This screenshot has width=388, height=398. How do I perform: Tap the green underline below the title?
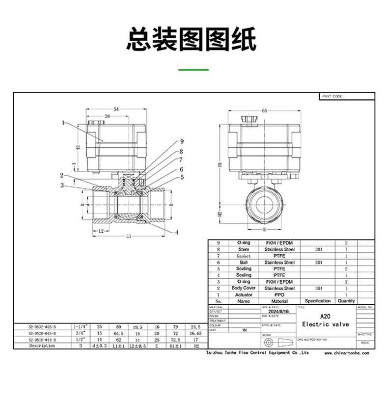pos(193,70)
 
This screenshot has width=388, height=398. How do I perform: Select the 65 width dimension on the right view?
pos(264,111)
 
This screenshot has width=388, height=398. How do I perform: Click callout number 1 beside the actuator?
pos(63,123)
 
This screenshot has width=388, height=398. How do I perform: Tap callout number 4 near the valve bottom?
pos(176,232)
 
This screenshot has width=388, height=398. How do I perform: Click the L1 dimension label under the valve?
pos(128,237)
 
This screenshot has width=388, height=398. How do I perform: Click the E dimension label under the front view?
pos(264,229)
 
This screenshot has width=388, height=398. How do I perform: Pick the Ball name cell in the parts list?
pos(244,263)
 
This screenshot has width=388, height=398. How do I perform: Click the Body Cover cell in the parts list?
pos(244,289)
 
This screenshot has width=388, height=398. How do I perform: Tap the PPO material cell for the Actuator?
pos(279,295)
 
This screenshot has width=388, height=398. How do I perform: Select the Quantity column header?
pos(346,301)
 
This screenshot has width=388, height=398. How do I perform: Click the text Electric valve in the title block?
pos(325,324)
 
